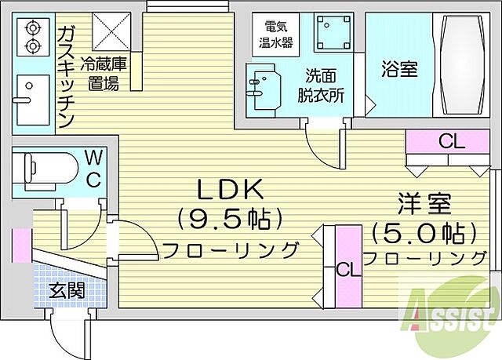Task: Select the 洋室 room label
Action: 423,205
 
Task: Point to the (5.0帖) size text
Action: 424,233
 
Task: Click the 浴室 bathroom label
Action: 400,69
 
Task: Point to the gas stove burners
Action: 32,35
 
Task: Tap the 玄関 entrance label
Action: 67,291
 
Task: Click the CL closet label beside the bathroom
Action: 451,142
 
